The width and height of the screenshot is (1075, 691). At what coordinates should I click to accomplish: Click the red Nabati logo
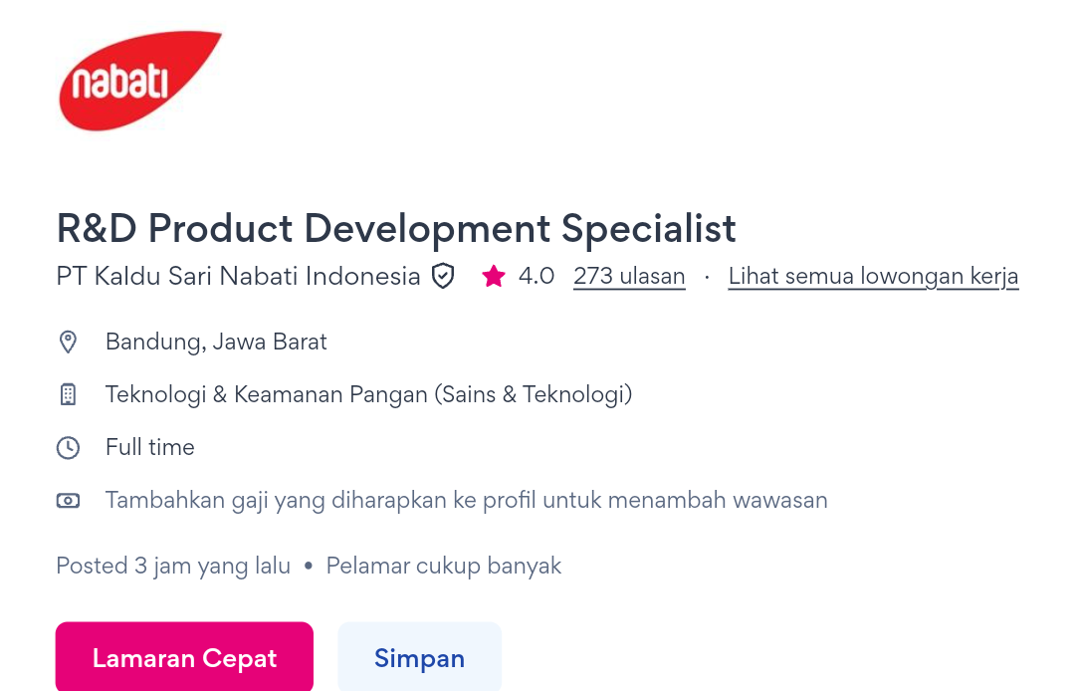coord(140,81)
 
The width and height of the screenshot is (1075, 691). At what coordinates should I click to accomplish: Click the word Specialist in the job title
coord(649,229)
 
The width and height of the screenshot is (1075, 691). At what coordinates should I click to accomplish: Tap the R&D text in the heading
coord(97,228)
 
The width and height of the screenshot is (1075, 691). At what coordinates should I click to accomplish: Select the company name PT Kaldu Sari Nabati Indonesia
coord(238,276)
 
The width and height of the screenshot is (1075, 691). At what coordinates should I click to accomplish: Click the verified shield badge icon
coord(443,276)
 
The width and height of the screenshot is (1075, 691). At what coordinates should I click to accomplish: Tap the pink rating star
coord(494,276)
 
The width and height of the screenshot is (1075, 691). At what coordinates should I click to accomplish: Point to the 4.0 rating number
coord(537,276)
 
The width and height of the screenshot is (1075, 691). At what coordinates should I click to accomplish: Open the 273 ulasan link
coord(629,276)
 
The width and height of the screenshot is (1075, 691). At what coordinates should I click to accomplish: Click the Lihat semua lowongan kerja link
coord(874,276)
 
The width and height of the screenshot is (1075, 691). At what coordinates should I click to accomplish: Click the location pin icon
coord(68,342)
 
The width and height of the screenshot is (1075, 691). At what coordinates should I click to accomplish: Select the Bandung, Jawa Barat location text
coord(216,342)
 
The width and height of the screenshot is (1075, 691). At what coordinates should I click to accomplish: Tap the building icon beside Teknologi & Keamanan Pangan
coord(68,395)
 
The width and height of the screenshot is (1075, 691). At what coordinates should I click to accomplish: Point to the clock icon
coord(68,448)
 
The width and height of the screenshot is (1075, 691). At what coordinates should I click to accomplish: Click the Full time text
coord(150,448)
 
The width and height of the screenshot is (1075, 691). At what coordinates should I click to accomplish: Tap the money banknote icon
coord(68,501)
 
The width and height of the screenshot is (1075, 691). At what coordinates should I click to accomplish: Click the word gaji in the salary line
coord(250,501)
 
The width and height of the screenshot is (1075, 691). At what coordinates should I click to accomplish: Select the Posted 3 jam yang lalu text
coord(173,567)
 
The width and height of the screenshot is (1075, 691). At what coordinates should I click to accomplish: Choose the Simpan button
coord(420,657)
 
